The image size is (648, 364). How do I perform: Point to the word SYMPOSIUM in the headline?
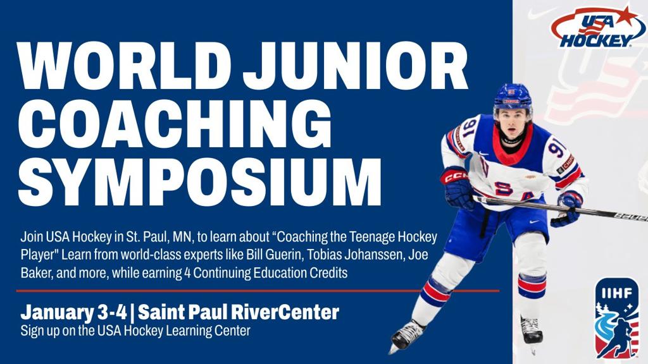199,181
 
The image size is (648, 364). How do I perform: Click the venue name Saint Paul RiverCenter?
239,312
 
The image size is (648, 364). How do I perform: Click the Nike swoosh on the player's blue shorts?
534,222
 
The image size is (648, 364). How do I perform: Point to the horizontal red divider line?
258,291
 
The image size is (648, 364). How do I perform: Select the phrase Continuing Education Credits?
270,273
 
